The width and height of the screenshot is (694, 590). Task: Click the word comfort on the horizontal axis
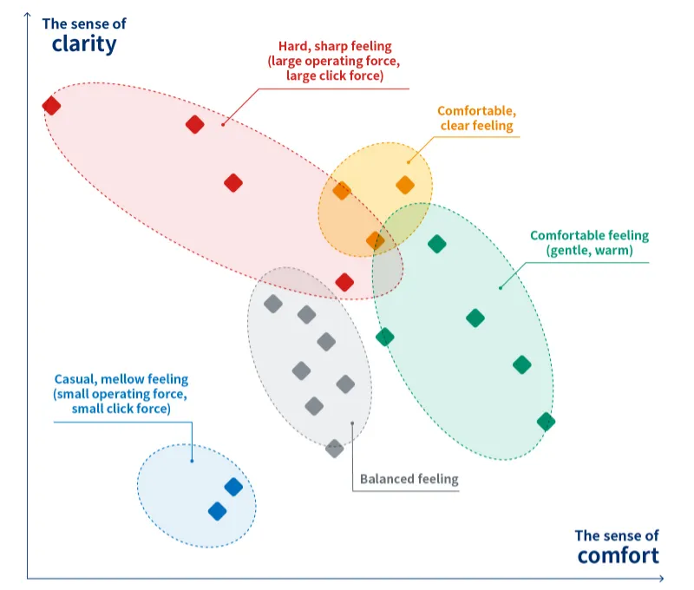click(x=618, y=555)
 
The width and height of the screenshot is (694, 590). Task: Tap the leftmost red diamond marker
click(x=51, y=106)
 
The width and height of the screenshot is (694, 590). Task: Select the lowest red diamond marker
click(x=344, y=282)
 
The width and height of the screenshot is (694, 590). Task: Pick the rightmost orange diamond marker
click(x=405, y=185)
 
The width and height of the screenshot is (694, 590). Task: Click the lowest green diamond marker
click(x=546, y=422)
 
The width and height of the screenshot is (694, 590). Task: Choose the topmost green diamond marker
click(x=437, y=245)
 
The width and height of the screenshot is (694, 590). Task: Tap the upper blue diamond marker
click(x=233, y=488)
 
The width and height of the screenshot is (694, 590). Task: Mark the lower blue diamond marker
click(x=218, y=511)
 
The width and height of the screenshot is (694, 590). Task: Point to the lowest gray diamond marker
click(x=334, y=448)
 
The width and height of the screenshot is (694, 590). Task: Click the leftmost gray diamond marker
click(x=273, y=304)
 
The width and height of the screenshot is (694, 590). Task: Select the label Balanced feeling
click(x=409, y=479)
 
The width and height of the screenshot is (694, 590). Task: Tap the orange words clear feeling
click(x=476, y=126)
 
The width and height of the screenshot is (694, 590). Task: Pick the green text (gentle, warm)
click(x=589, y=251)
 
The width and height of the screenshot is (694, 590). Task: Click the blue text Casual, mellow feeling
click(x=121, y=379)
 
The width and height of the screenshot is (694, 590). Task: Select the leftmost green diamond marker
click(x=384, y=337)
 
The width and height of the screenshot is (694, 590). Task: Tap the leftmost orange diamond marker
click(x=342, y=191)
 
